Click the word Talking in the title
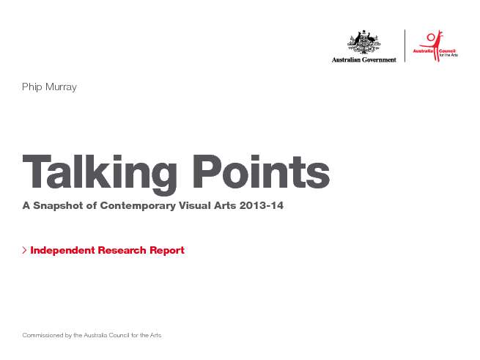(x=100, y=174)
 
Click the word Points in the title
(x=261, y=172)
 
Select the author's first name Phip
(x=32, y=87)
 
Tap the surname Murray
(x=61, y=87)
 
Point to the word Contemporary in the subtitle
(x=138, y=205)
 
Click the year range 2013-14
(x=262, y=205)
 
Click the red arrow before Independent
(x=24, y=250)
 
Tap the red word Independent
(x=63, y=250)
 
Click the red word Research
(x=122, y=250)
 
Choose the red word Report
(x=167, y=251)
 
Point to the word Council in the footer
(x=119, y=335)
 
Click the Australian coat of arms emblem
(x=364, y=42)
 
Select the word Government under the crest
(x=380, y=59)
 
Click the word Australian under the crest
(x=346, y=59)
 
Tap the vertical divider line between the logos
(x=405, y=45)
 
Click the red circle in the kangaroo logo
(x=431, y=37)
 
